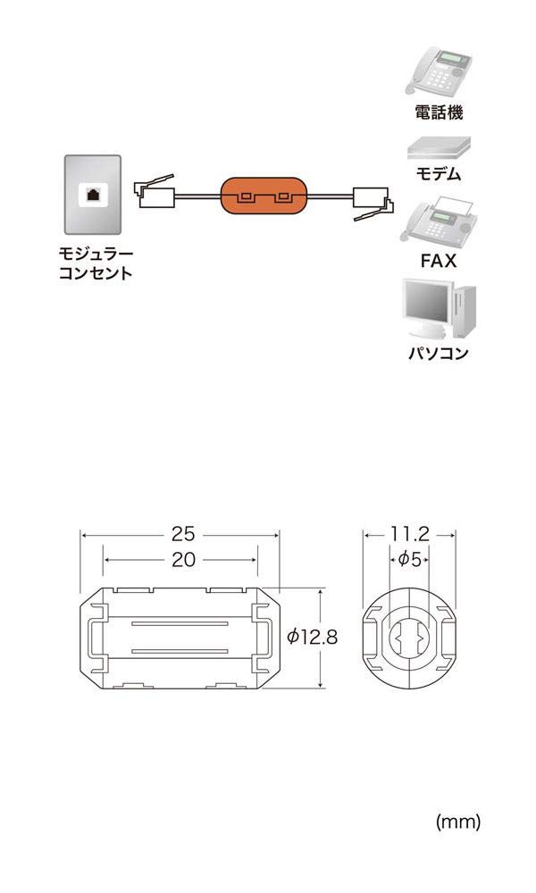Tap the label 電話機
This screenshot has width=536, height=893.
point(439,113)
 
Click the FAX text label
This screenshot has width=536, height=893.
point(439,262)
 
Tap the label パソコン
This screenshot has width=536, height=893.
point(439,353)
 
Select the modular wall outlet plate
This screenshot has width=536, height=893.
point(92,196)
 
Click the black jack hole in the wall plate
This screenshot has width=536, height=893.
point(92,194)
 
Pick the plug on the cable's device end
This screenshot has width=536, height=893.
point(370,203)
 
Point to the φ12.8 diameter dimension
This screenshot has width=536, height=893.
point(312,637)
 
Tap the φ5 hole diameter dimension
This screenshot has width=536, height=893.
point(409,560)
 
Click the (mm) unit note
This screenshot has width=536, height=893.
point(457,822)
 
